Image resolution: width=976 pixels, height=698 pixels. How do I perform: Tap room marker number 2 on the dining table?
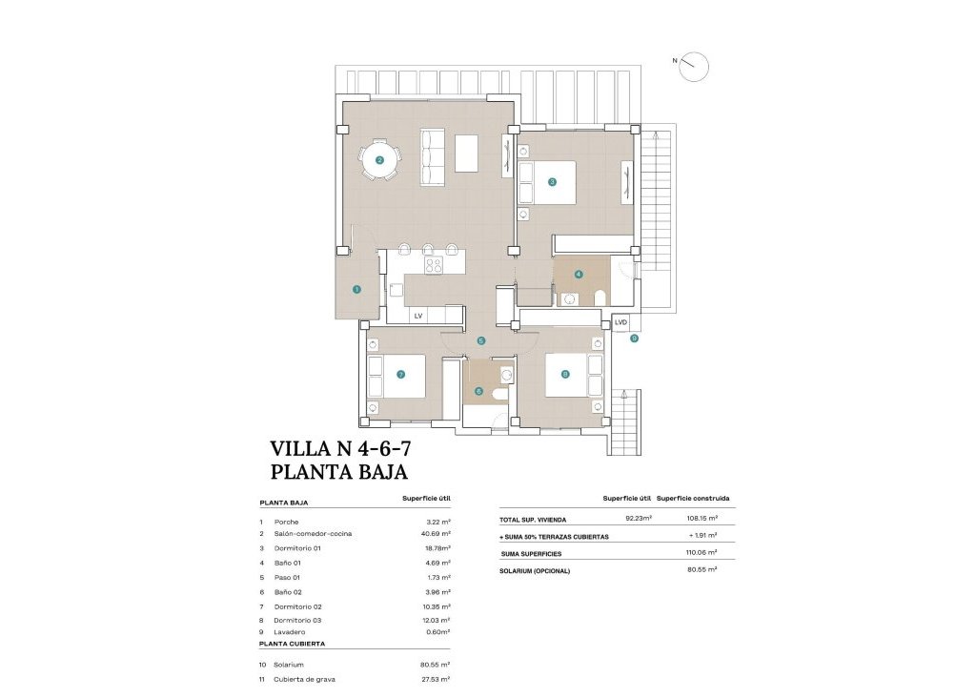click(x=379, y=160)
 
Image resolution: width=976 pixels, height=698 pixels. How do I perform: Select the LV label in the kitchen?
click(x=417, y=315)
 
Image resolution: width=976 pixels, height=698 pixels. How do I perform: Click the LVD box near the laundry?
click(x=621, y=323)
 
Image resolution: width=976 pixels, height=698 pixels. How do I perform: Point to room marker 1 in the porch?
click(x=356, y=289)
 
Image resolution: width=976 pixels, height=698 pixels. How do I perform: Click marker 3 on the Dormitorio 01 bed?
click(x=552, y=181)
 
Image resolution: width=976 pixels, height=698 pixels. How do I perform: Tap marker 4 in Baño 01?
click(x=578, y=275)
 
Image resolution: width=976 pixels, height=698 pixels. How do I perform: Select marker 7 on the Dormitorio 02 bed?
click(x=400, y=375)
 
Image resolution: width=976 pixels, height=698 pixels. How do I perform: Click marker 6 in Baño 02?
click(x=478, y=390)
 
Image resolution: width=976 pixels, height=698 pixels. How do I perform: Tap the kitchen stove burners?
click(x=434, y=265)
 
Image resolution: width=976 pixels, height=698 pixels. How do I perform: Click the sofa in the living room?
click(x=433, y=157)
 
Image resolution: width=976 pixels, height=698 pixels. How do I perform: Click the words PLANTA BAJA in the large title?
click(x=339, y=471)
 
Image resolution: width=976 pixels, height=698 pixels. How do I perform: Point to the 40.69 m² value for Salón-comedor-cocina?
click(x=438, y=534)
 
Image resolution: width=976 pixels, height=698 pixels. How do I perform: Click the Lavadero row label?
click(x=290, y=631)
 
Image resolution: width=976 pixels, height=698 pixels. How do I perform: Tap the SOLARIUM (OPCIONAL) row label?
click(x=535, y=570)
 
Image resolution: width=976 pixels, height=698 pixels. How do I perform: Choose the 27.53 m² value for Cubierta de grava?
click(x=438, y=679)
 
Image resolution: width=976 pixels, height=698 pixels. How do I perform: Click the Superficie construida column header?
click(x=693, y=499)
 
